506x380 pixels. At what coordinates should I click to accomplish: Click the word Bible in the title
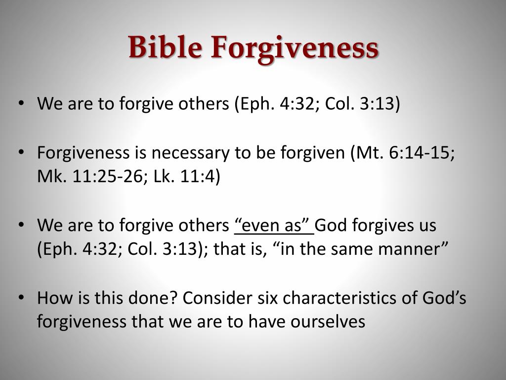165,47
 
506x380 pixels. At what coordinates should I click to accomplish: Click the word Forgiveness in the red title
295,49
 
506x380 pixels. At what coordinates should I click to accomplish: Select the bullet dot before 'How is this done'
21,297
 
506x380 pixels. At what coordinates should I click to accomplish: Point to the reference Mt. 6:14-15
403,152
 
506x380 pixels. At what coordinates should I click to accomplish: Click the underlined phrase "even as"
274,225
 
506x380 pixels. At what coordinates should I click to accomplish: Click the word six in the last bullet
267,297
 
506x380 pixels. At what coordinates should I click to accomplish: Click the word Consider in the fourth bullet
217,297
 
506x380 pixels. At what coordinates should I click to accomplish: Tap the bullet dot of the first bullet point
21,103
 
